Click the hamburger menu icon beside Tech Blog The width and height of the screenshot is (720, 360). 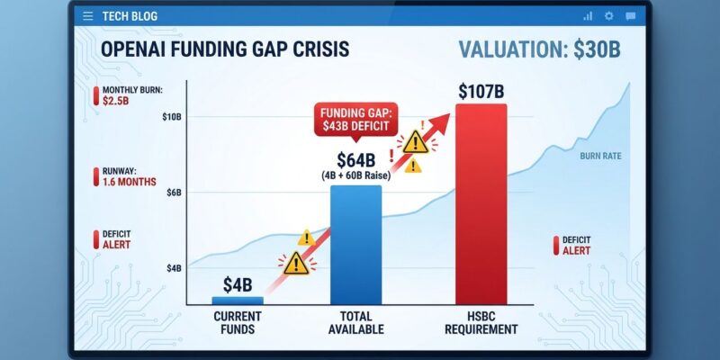coord(87,16)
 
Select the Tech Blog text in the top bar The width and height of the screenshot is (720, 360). coord(129,16)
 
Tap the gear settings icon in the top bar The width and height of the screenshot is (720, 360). coord(608,16)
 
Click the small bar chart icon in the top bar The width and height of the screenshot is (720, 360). coord(588,16)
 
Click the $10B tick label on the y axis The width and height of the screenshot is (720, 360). coord(172,118)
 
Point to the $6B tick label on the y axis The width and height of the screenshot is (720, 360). coord(174,193)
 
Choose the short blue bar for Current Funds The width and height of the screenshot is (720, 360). coord(238,300)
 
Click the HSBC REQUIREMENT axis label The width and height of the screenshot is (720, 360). coord(481,323)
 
